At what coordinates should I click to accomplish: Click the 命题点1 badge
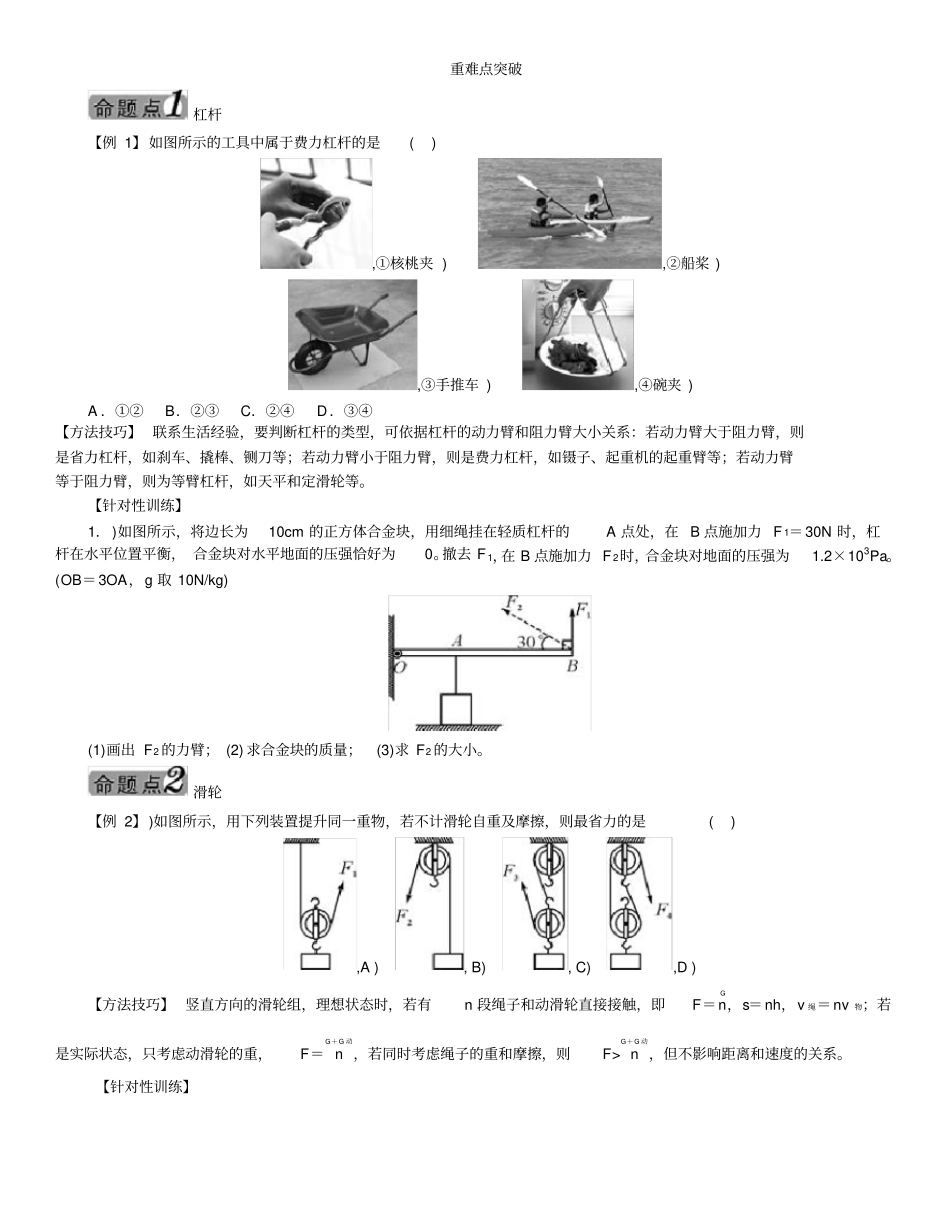[138, 106]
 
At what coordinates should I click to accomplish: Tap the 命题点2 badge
[138, 783]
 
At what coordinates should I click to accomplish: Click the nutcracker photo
[315, 213]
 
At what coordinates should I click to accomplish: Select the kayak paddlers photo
[569, 213]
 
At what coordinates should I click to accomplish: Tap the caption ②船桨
[693, 263]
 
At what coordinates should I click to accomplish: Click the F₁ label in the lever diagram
[583, 612]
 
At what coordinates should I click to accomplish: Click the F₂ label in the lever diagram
[514, 603]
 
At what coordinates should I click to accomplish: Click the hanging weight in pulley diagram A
[317, 961]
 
